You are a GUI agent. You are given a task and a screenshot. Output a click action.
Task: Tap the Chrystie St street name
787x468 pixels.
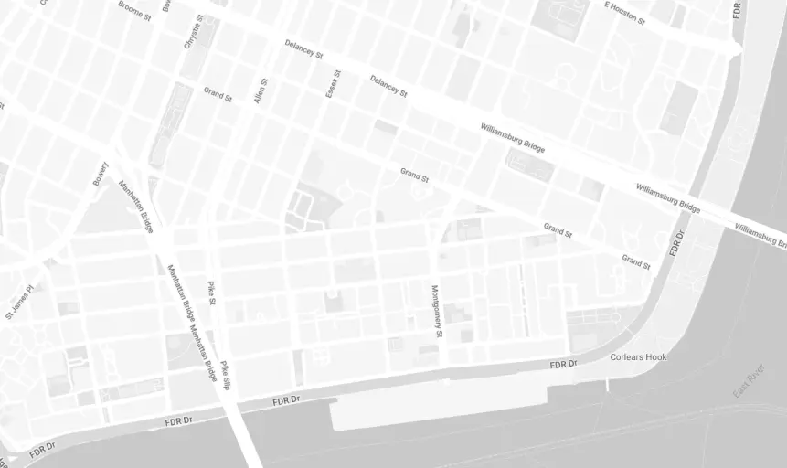(193, 30)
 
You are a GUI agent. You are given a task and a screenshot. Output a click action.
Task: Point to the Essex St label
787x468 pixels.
(333, 83)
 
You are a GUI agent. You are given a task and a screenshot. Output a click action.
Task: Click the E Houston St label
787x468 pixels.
(624, 13)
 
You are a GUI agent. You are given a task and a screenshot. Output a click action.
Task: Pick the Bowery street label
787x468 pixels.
(100, 174)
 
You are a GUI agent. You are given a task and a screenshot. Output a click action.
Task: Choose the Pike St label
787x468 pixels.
(211, 292)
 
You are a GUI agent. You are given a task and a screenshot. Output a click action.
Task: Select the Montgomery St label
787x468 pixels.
(437, 311)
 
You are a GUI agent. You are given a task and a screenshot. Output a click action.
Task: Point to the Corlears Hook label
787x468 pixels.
(638, 356)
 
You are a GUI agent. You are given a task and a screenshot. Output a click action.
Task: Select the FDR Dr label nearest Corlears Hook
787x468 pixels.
(564, 365)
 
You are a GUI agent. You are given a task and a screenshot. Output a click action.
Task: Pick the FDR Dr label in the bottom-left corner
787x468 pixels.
(44, 451)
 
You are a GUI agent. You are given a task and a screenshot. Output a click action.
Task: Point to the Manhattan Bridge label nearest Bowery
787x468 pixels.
(134, 207)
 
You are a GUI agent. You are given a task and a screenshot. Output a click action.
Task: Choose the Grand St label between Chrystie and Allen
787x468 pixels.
(218, 94)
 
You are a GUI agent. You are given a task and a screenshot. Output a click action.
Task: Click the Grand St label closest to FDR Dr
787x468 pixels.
(635, 261)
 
